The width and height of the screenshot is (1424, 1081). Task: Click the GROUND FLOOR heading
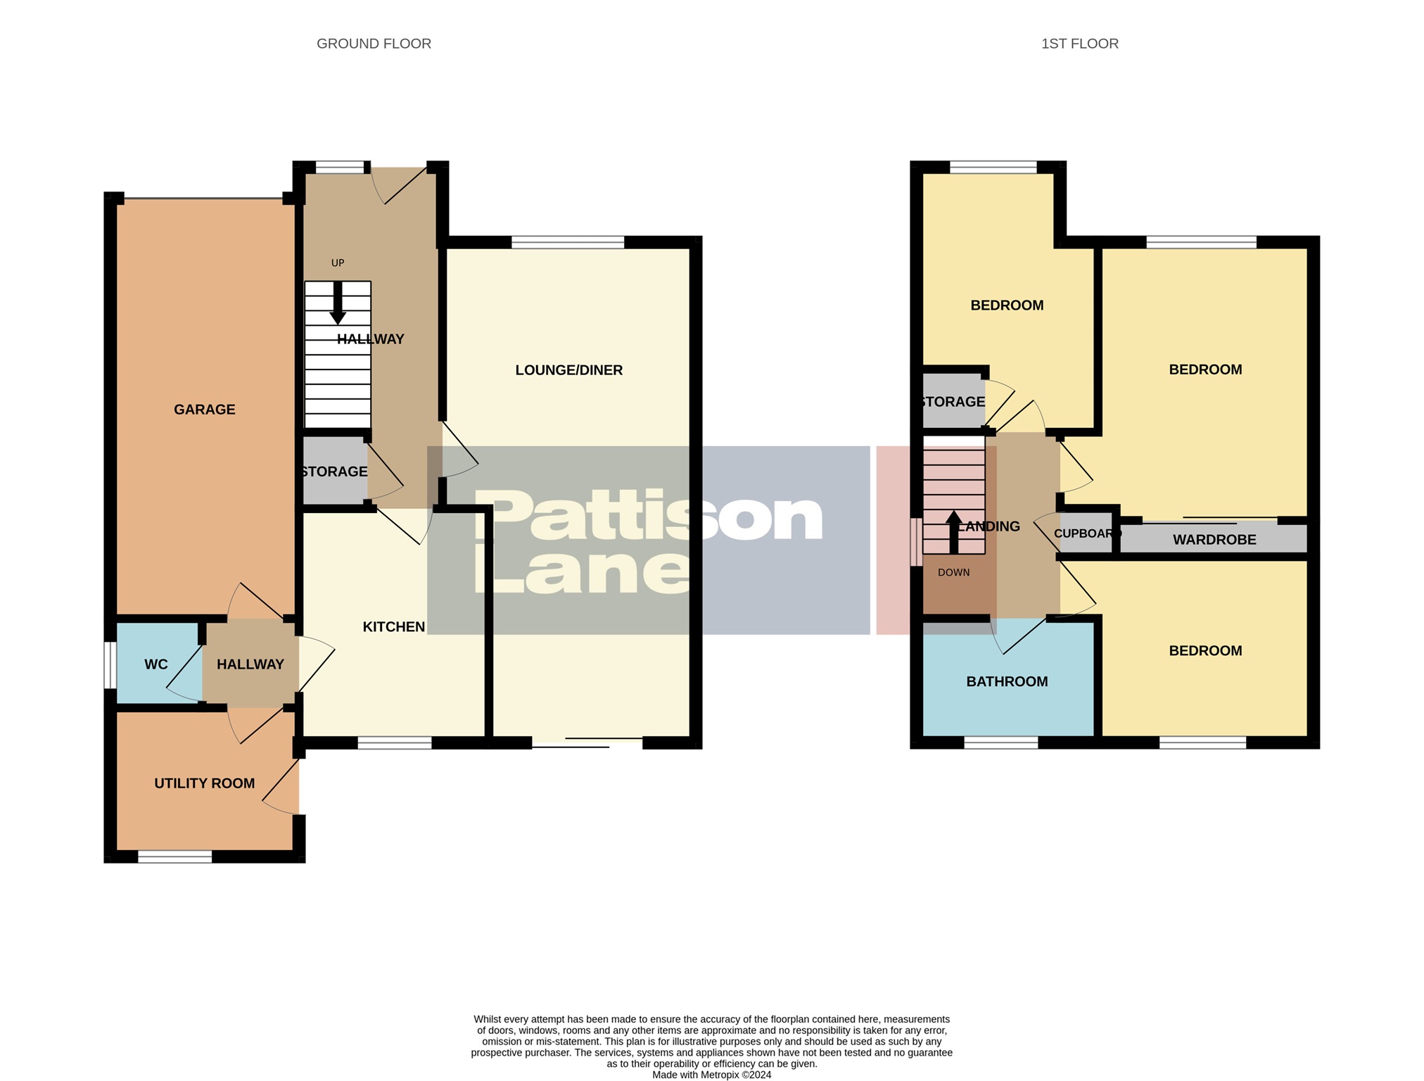click(x=374, y=44)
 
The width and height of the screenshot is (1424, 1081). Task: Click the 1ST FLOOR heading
click(x=1079, y=44)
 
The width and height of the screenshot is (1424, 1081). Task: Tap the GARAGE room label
click(x=204, y=410)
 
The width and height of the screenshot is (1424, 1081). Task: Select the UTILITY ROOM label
click(x=204, y=783)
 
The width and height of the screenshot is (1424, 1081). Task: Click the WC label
click(x=155, y=664)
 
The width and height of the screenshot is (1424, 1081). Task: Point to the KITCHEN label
click(x=393, y=627)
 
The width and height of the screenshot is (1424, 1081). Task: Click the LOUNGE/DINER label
click(x=568, y=370)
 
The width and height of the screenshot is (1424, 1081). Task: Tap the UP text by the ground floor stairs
click(x=338, y=263)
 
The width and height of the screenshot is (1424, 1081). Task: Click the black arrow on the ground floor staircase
click(x=338, y=303)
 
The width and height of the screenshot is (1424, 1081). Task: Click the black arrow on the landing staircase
click(x=953, y=532)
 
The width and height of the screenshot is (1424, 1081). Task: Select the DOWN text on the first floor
click(x=953, y=573)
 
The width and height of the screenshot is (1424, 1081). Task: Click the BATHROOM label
click(x=1007, y=681)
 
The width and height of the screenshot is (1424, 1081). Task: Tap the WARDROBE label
click(x=1214, y=540)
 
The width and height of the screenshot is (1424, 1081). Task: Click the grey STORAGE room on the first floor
click(x=953, y=402)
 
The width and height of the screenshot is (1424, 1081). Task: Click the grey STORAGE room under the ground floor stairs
click(x=333, y=472)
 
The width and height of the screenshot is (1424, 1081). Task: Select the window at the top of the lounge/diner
click(x=567, y=243)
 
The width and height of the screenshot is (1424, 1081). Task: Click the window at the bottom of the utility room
click(x=174, y=856)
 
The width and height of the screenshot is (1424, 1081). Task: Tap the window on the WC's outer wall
click(x=110, y=664)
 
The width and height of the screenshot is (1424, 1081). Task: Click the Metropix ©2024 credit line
click(x=711, y=1075)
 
